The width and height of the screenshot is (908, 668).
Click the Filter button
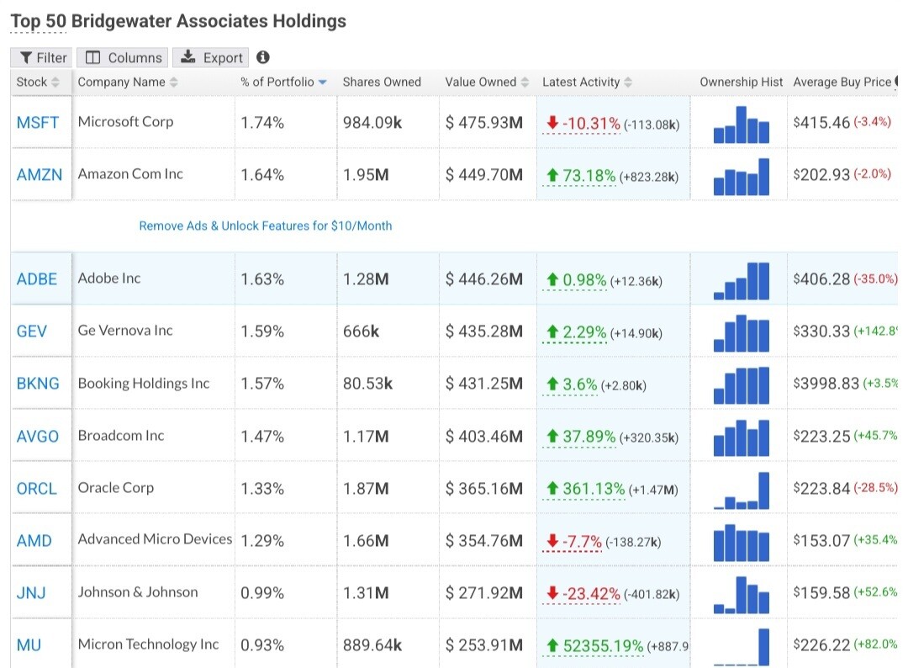43,57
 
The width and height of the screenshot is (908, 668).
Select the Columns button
123,57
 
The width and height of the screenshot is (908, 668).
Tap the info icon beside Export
263,57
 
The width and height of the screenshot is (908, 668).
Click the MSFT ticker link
38,122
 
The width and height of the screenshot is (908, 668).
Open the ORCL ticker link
37,489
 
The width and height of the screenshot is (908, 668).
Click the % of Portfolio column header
277,82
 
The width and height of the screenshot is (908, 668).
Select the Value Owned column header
481,82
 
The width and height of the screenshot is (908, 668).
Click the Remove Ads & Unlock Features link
266,225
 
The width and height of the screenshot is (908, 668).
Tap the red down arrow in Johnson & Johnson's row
552,593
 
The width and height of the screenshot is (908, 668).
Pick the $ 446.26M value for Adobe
484,279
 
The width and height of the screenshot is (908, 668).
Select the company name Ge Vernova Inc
125,331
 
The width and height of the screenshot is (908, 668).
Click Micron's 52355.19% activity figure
603,645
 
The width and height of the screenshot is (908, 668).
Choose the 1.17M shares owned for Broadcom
366,437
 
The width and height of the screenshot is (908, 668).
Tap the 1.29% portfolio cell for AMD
262,541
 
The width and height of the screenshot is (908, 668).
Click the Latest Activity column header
581,82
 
